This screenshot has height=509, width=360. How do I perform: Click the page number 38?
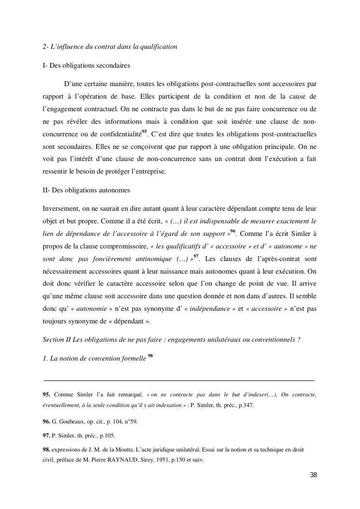tap(313, 475)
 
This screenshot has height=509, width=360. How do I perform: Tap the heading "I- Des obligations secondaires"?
tap(86, 65)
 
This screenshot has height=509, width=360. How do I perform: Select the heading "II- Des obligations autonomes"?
tap(86, 190)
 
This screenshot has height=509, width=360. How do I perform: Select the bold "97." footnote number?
tap(47, 436)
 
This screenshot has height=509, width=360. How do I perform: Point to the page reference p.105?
tap(107, 436)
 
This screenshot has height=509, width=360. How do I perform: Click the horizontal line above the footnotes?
tap(179, 381)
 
